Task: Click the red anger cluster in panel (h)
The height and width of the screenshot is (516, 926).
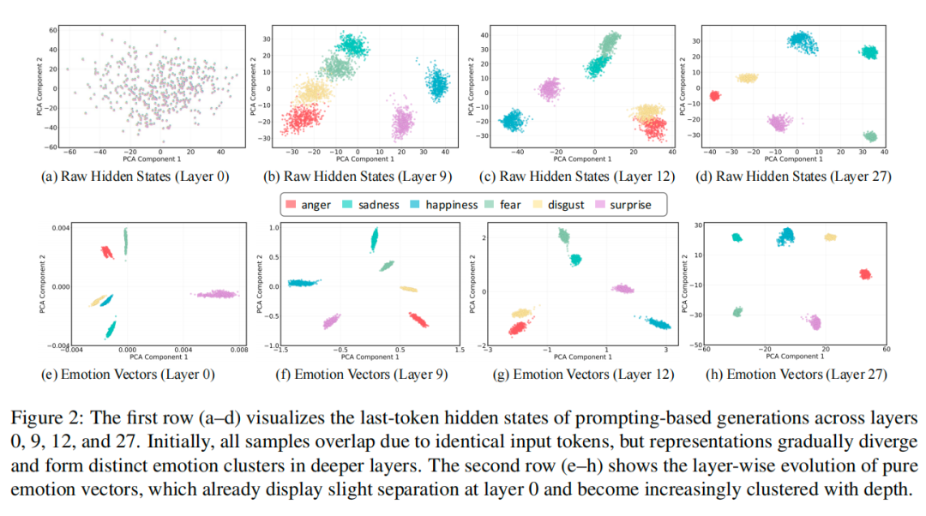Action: click(x=865, y=274)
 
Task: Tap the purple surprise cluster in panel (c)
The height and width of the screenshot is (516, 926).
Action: click(x=550, y=87)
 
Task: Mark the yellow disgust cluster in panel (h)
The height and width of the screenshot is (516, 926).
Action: click(x=830, y=237)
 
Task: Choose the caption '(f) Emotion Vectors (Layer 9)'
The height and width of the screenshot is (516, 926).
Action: click(x=352, y=375)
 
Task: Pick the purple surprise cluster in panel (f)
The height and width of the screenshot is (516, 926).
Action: click(x=330, y=321)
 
